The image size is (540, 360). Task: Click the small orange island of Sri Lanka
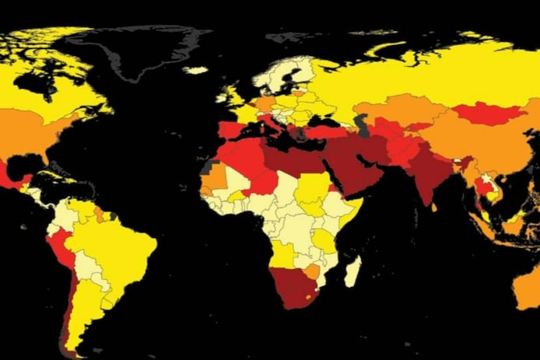pos(433,208)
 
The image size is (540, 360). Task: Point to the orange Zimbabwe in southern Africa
pos(312,271)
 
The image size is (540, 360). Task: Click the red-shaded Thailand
pos(483,187)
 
